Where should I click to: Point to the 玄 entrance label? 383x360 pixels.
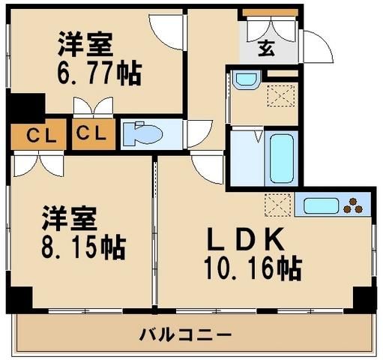(x=266, y=50)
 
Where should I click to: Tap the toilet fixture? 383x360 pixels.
(x=143, y=133)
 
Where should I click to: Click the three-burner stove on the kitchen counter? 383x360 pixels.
(x=353, y=203)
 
